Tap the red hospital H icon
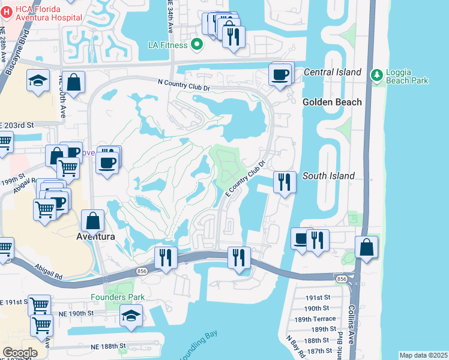(x=7, y=11)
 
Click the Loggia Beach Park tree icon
(x=377, y=74)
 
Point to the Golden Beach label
(x=332, y=102)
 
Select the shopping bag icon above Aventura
(x=94, y=221)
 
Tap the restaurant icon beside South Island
(x=284, y=181)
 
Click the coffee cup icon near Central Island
(x=280, y=75)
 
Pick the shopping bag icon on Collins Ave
(x=366, y=247)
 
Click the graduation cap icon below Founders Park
(x=131, y=315)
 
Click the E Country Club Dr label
(x=246, y=178)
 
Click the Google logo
(x=20, y=352)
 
